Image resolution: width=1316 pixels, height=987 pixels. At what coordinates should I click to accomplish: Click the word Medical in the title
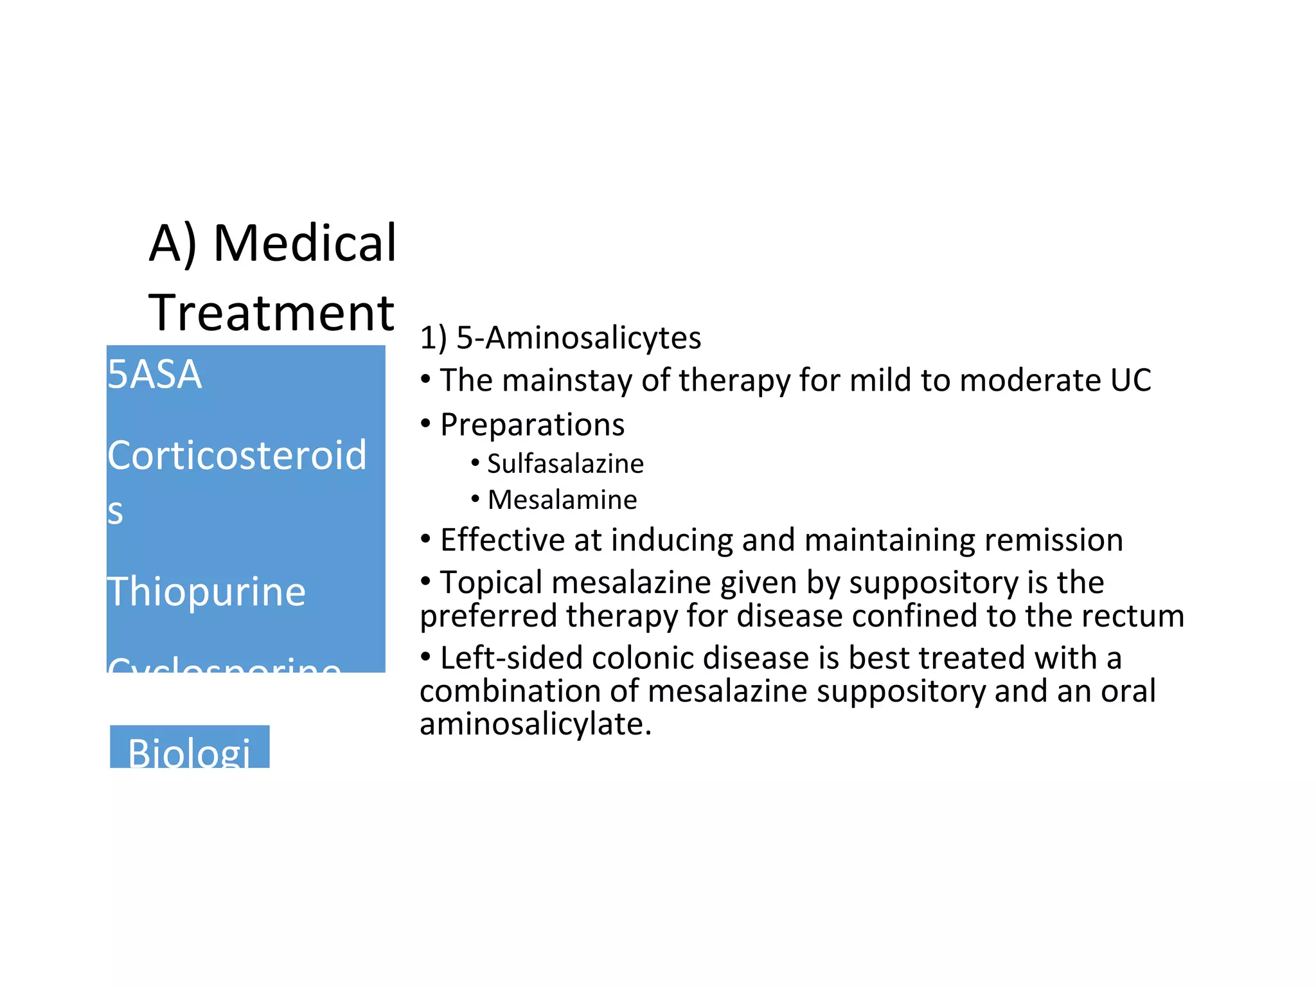(x=305, y=244)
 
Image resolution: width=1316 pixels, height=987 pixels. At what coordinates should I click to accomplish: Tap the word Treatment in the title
(x=271, y=313)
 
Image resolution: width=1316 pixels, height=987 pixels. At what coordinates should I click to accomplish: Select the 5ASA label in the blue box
(x=154, y=374)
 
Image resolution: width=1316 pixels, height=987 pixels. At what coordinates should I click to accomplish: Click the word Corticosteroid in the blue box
(x=236, y=455)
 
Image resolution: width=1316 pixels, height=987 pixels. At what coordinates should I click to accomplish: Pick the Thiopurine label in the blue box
(x=206, y=591)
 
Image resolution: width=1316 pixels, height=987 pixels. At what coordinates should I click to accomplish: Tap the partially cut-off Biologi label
(x=189, y=752)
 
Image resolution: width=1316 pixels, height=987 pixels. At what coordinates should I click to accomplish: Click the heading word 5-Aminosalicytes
(x=578, y=338)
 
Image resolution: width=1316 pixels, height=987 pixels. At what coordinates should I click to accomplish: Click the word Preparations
(x=532, y=425)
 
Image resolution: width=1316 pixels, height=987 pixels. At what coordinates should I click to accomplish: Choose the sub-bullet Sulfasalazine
(x=565, y=464)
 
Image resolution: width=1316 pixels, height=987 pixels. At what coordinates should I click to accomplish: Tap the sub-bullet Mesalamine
(x=562, y=500)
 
